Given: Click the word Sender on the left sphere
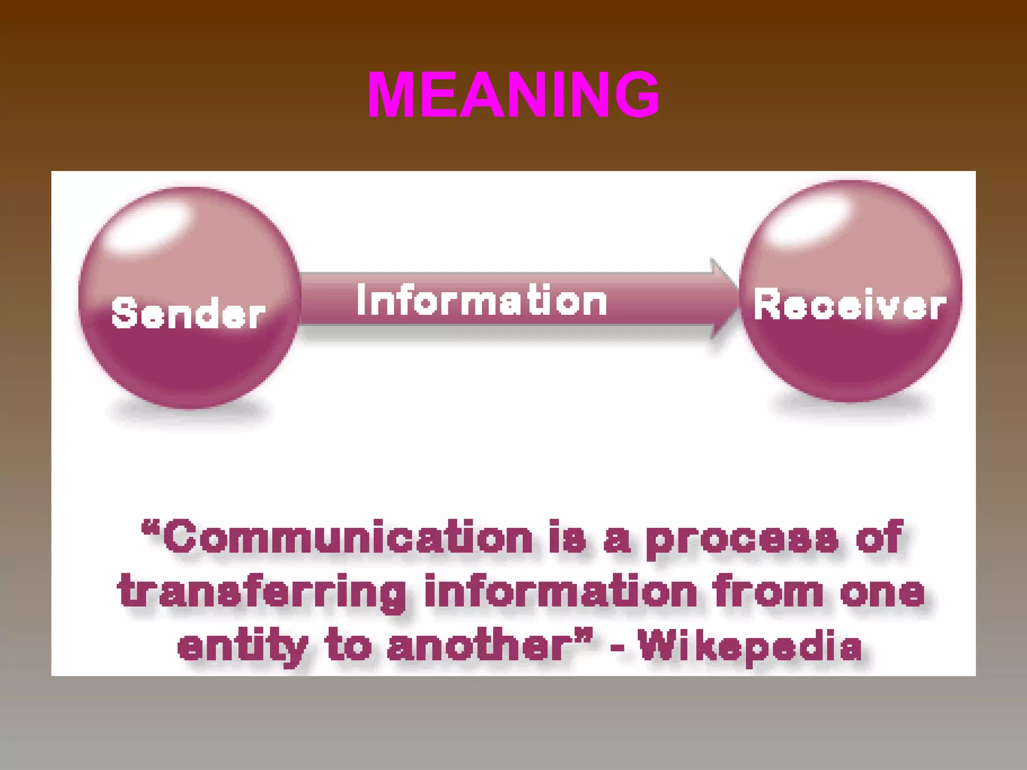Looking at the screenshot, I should tap(188, 313).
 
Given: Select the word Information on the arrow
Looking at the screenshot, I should tap(481, 301).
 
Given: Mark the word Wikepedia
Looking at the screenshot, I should tap(750, 647).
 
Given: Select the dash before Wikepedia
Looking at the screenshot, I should tap(618, 648).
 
